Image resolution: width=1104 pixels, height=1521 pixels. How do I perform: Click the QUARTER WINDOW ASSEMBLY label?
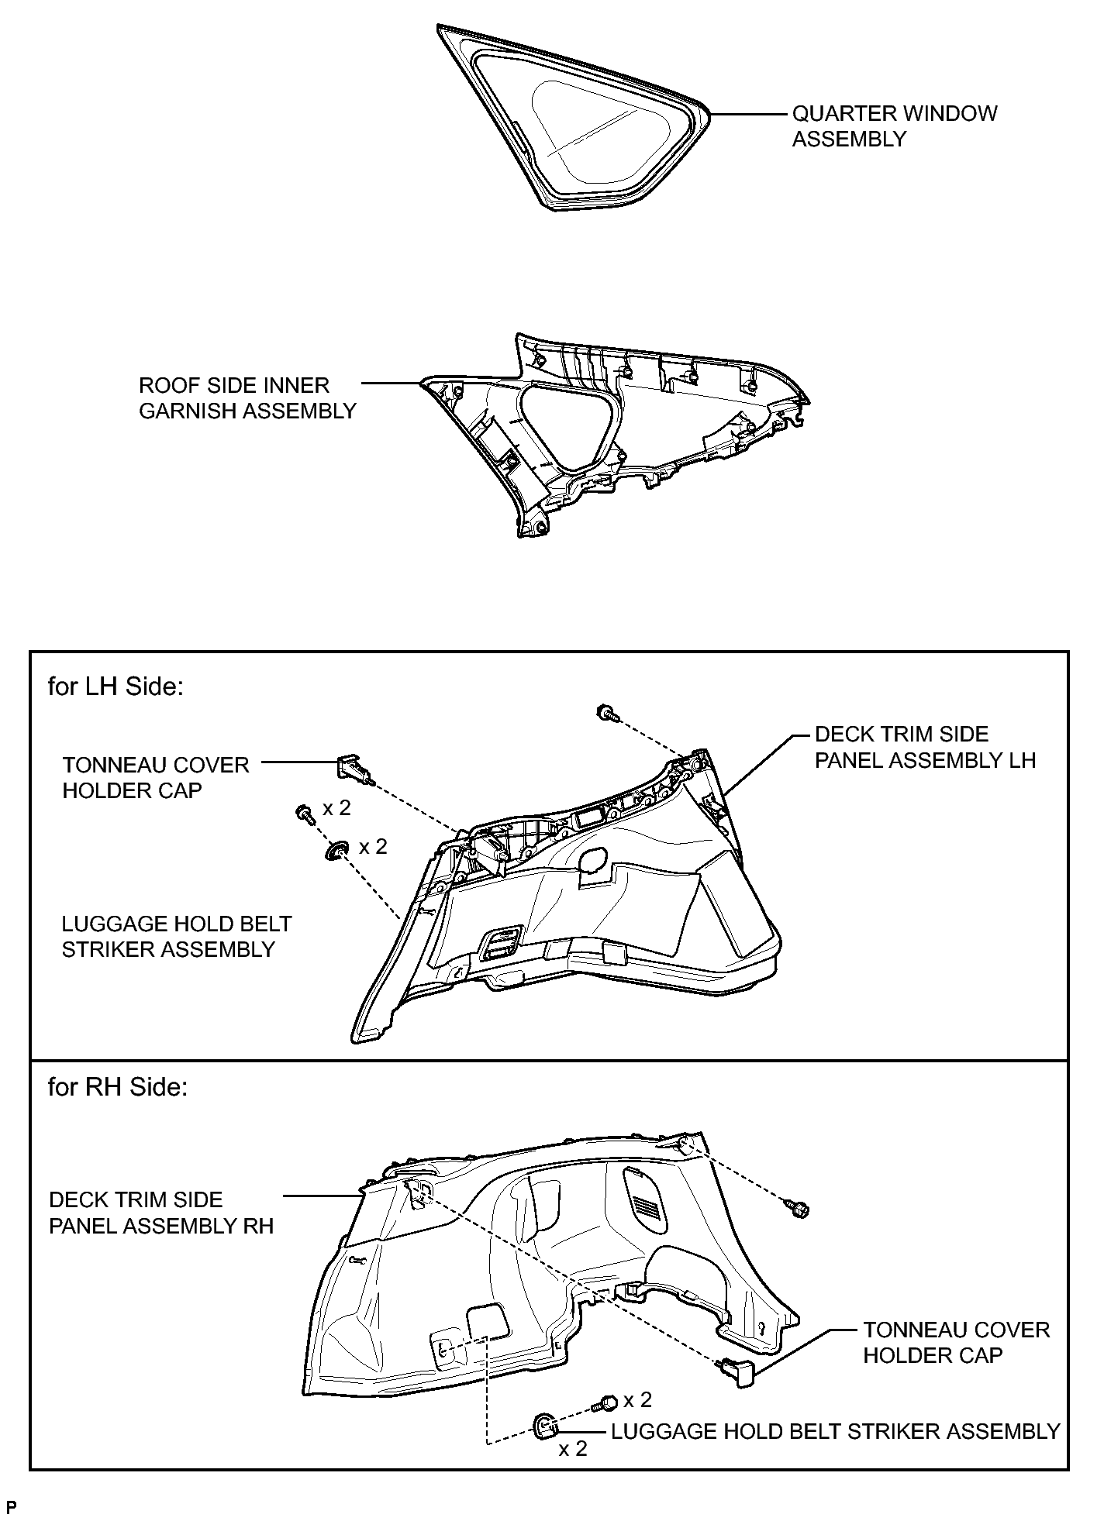pyautogui.click(x=894, y=126)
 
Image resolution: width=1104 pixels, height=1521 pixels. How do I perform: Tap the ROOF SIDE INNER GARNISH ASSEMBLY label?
pyautogui.click(x=247, y=398)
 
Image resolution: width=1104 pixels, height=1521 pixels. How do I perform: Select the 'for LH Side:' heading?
pyautogui.click(x=116, y=687)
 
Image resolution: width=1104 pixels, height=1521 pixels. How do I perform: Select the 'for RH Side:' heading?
pyautogui.click(x=118, y=1087)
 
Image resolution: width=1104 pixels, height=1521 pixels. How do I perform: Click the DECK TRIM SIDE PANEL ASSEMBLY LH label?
pyautogui.click(x=925, y=747)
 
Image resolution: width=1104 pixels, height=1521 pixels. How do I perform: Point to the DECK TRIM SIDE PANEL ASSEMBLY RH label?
pyautogui.click(x=161, y=1213)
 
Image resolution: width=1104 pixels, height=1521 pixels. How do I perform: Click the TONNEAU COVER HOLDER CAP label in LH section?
pyautogui.click(x=156, y=778)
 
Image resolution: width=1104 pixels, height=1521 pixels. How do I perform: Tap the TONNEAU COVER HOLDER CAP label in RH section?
pyautogui.click(x=957, y=1342)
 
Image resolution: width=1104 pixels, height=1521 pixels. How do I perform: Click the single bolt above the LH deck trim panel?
pyautogui.click(x=607, y=712)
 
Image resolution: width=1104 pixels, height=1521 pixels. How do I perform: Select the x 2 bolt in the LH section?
pyautogui.click(x=305, y=814)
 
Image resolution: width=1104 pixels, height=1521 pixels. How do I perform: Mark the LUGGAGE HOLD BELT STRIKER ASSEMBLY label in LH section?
pyautogui.click(x=177, y=937)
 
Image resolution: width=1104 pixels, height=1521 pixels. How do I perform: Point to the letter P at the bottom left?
pyautogui.click(x=11, y=1507)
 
